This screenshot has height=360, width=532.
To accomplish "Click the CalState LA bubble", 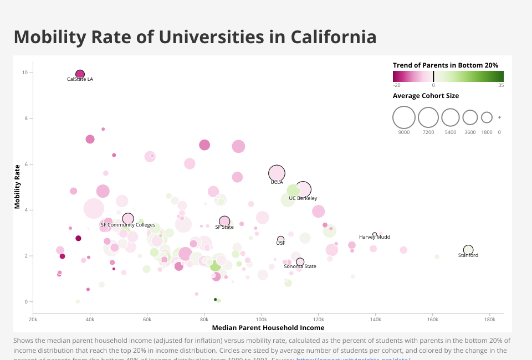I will [x=80, y=74].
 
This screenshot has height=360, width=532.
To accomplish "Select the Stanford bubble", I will [x=468, y=250].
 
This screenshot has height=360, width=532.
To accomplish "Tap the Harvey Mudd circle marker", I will [x=375, y=235].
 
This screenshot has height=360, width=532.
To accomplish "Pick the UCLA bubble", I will [x=277, y=173].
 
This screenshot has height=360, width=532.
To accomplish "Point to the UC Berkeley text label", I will [x=303, y=198].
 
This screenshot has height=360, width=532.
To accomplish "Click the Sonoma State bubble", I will [x=300, y=262].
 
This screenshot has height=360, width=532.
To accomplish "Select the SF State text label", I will [x=224, y=227].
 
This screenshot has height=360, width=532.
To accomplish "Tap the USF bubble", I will [x=281, y=239].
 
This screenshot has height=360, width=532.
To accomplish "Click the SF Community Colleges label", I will [x=128, y=225].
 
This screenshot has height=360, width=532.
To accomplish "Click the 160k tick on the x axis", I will [x=432, y=320].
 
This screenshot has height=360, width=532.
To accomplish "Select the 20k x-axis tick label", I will [x=33, y=320].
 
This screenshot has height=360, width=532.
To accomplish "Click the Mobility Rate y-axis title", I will [x=18, y=186].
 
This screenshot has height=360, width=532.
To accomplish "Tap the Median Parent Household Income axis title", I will [x=268, y=328].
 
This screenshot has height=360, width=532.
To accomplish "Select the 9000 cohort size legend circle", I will [x=404, y=117].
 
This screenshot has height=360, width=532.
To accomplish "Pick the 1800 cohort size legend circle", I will [x=487, y=117].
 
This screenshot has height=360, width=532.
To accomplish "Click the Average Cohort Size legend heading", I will [x=426, y=96].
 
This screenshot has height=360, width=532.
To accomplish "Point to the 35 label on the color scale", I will [x=501, y=85].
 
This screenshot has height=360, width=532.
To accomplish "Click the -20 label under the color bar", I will [x=397, y=85].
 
